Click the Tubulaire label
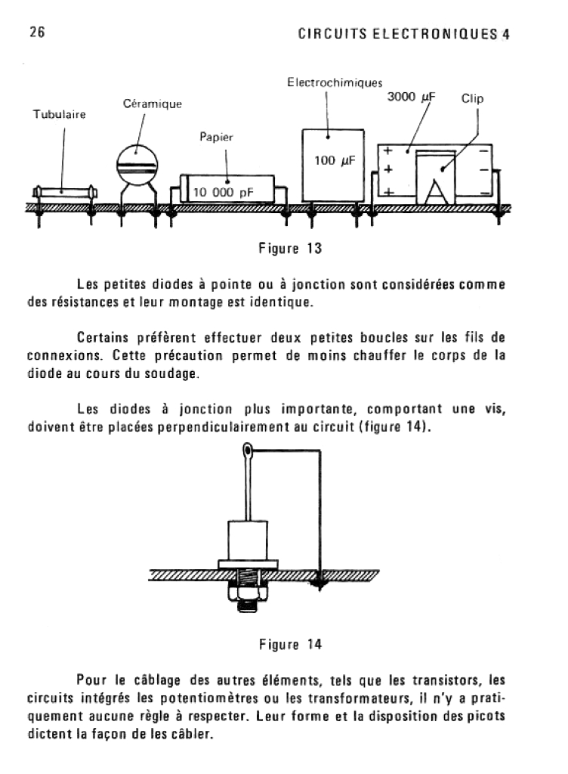click(58, 115)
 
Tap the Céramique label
click(152, 103)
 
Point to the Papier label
click(216, 138)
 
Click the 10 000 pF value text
click(224, 192)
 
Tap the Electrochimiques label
click(335, 82)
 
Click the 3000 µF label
click(412, 98)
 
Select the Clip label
click(472, 99)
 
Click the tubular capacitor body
click(63, 191)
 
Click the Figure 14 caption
click(290, 644)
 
